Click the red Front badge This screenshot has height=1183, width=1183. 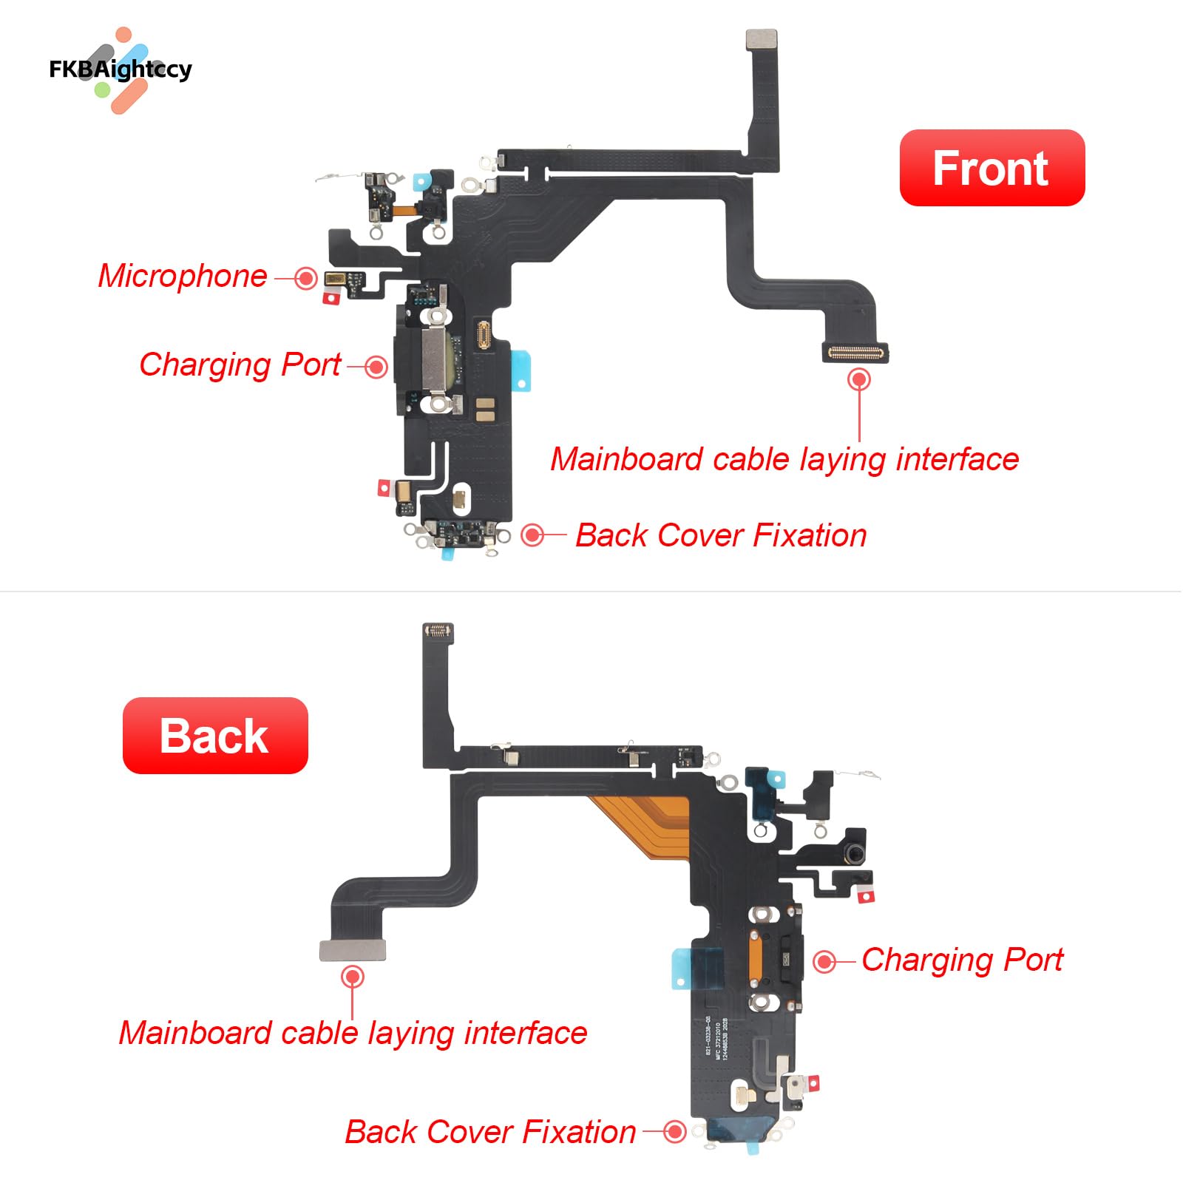991,168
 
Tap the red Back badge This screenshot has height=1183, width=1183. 214,736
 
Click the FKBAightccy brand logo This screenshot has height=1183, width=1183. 121,70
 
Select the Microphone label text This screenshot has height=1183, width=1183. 183,276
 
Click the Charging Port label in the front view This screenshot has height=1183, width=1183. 240,365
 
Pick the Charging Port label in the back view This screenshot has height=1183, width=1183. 962,960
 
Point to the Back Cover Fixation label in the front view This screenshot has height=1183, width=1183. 721,535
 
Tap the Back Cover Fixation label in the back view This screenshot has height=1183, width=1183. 490,1132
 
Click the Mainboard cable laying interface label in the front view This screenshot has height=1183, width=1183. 784,459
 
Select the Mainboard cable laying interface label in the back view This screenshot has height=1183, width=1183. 353,1033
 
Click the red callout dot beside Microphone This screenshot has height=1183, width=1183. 305,278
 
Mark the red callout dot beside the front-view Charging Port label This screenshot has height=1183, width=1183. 376,367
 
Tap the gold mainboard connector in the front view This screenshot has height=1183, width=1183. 855,353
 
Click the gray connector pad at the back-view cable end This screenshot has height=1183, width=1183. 353,950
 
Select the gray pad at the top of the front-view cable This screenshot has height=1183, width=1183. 761,40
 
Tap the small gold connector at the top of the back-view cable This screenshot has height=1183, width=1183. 438,631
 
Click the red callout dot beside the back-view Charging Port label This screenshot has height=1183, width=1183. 824,962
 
